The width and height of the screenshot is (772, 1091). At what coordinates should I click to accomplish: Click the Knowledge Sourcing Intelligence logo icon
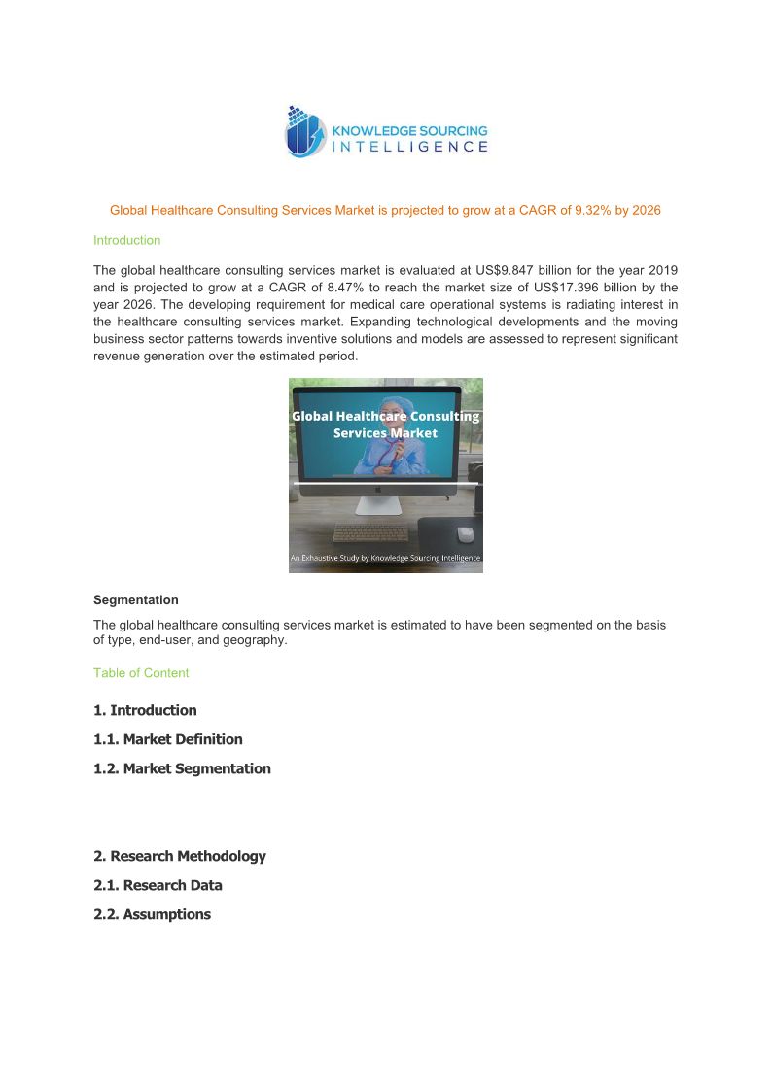[x=303, y=132]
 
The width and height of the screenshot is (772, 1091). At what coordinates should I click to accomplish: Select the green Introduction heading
[x=126, y=240]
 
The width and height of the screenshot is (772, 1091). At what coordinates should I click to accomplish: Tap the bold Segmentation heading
[x=135, y=600]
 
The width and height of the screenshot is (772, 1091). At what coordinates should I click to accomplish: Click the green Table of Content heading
[x=141, y=673]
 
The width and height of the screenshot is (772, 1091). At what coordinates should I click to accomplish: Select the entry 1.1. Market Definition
[x=168, y=739]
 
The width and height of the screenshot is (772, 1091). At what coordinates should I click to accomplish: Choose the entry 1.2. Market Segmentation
[x=182, y=768]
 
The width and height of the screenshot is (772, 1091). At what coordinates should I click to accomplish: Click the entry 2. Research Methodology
[x=179, y=856]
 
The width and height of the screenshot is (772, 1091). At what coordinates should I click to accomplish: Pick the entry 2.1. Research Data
[x=158, y=885]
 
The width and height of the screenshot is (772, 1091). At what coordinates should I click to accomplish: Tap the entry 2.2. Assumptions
[x=152, y=914]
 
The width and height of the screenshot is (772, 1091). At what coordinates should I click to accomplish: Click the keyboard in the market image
[x=369, y=532]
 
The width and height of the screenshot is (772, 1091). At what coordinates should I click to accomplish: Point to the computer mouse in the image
[x=465, y=533]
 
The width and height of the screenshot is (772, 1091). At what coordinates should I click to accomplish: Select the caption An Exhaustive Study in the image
[x=385, y=558]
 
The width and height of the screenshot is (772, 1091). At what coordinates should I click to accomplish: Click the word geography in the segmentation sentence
[x=255, y=640]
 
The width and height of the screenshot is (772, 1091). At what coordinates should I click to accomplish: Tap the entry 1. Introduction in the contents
[x=145, y=710]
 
